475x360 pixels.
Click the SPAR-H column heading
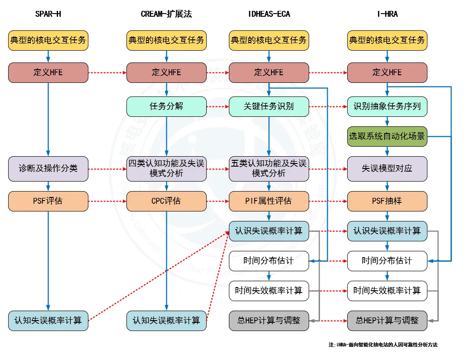(48, 14)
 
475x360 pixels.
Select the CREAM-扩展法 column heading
(166, 14)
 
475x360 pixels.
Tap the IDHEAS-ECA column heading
(269, 14)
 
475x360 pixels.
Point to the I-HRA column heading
(387, 14)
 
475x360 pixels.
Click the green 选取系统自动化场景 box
(387, 136)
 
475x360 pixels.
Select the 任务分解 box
(166, 106)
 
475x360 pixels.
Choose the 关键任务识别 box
(269, 106)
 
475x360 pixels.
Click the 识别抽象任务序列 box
(387, 106)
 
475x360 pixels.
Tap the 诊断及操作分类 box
(48, 168)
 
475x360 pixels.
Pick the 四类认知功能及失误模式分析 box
(166, 168)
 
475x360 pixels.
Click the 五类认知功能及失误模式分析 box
(269, 168)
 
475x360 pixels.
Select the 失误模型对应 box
(387, 168)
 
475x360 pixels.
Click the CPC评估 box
(166, 201)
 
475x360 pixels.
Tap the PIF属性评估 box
(269, 201)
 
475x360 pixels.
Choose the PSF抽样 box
(387, 201)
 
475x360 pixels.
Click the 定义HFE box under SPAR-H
(48, 72)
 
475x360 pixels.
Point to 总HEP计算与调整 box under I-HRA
(387, 321)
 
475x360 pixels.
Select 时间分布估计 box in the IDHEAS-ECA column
(269, 261)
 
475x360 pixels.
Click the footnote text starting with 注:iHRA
(383, 345)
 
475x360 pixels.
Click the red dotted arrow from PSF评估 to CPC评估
(107, 201)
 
